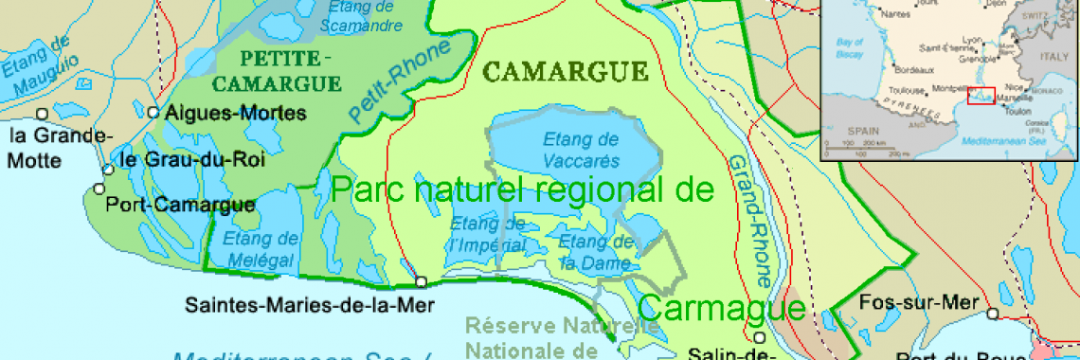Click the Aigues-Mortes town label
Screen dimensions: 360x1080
[x=235, y=113]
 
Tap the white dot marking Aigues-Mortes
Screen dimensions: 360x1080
[x=153, y=112]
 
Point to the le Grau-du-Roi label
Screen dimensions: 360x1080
[x=192, y=159]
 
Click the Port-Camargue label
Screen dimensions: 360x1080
[x=180, y=204]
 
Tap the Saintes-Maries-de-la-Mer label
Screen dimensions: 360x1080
[x=310, y=304]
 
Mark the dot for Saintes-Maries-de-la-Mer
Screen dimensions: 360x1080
[x=421, y=281]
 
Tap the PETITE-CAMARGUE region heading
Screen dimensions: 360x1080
[x=276, y=70]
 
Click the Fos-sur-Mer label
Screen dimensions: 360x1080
[x=919, y=304]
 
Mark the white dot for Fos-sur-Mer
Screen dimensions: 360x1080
[x=992, y=314]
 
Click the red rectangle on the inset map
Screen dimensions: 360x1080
[x=981, y=97]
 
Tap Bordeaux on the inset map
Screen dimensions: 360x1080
[x=914, y=70]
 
